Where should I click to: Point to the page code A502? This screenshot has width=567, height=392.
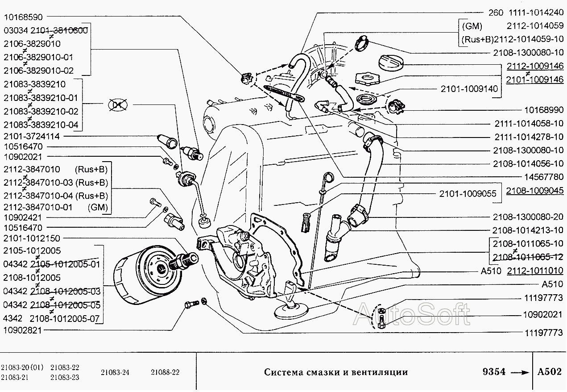(549, 372)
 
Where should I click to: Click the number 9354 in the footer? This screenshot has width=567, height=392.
(494, 372)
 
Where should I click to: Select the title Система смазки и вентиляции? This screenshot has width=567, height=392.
(335, 372)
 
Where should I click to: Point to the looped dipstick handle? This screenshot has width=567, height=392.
(328, 177)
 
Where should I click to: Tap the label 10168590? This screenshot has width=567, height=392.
(23, 17)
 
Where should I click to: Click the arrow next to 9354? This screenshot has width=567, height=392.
(519, 372)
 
